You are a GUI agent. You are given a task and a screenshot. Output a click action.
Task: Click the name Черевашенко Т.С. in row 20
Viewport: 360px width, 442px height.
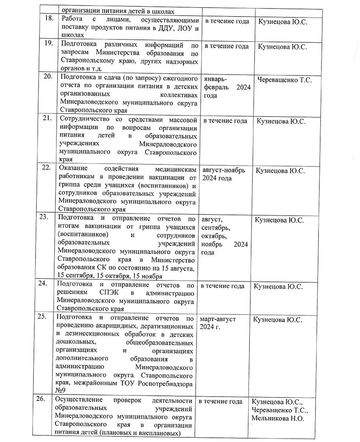click(x=285, y=80)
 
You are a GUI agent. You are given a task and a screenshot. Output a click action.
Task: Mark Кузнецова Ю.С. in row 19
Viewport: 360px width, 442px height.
click(x=282, y=46)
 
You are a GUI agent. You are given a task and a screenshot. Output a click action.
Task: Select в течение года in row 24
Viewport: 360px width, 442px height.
click(x=222, y=286)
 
